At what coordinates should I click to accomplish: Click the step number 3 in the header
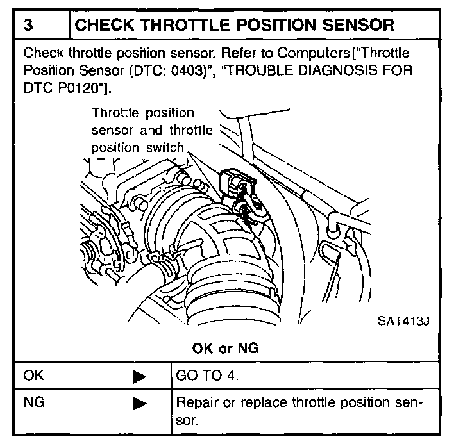[x=28, y=26]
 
